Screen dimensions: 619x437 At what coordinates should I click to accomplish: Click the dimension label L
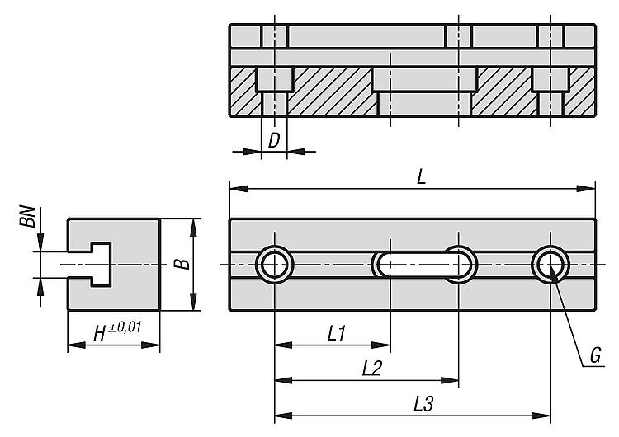tap(422, 177)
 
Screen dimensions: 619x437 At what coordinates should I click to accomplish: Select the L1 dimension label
tap(337, 334)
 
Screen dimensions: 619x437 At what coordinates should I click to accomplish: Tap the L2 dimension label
tap(371, 369)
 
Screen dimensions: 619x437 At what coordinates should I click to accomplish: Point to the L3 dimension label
tap(423, 404)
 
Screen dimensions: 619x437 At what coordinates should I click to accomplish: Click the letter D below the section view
tap(274, 140)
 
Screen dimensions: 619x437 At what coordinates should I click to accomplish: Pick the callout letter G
tap(595, 355)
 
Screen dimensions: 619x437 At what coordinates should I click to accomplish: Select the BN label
tap(27, 216)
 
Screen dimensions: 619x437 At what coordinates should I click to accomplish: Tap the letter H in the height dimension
tap(100, 334)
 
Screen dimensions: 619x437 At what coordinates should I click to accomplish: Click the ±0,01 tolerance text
tap(124, 328)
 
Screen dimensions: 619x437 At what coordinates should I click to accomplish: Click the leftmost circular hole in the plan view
tap(275, 264)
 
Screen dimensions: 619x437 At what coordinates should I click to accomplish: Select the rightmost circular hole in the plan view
tap(550, 264)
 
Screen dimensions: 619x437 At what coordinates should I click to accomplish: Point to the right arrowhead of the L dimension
tap(586, 189)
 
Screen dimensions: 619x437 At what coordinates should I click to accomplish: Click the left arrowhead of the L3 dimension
tap(283, 416)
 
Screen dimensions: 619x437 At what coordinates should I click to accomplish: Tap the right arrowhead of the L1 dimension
tap(381, 345)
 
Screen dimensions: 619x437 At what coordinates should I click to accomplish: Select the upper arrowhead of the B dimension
tap(193, 228)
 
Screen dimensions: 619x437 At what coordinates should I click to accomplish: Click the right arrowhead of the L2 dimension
tap(450, 380)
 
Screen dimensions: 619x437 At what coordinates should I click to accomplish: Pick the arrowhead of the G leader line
tap(553, 273)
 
